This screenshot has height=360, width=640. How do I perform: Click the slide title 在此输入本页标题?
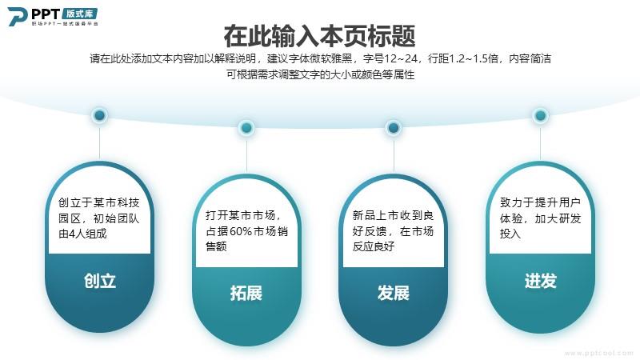[x=319, y=36]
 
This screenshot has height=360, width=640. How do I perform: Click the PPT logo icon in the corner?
[x=18, y=17]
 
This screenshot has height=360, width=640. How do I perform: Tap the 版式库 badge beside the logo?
[x=80, y=14]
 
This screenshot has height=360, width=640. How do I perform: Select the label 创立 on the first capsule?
[x=100, y=281]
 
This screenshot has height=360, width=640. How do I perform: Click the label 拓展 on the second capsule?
[x=246, y=293]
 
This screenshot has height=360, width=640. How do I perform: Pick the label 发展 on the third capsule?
[x=394, y=293]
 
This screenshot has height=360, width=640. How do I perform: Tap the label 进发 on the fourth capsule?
[x=541, y=281]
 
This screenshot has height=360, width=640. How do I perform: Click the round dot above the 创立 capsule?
[x=99, y=115]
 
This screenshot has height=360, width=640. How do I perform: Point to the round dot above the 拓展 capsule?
[x=246, y=128]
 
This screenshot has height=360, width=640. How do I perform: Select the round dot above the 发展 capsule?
[x=394, y=128]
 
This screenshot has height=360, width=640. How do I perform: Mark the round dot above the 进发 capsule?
[x=541, y=115]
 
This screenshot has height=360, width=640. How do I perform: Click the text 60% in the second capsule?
[x=241, y=231]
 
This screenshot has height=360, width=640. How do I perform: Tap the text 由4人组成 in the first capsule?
[x=82, y=234]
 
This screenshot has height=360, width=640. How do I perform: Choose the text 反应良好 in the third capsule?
[x=374, y=246]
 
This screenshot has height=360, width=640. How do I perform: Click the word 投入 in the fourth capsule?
[x=510, y=234]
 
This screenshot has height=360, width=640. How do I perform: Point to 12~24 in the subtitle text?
[x=401, y=58]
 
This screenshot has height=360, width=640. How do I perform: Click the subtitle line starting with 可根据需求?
[x=321, y=74]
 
